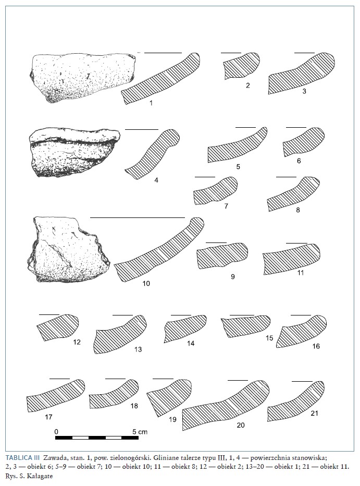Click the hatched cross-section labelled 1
coord(161,79)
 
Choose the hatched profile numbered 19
coord(169,396)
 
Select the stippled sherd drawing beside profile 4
coord(73,152)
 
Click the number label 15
coord(269,338)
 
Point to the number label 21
coord(314,413)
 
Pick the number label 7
coord(226,206)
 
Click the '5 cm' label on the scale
coord(140,431)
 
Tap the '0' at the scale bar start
coord(56,431)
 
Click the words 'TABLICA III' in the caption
coord(22,457)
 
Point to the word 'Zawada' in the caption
coord(54,457)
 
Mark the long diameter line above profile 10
coord(138,218)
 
